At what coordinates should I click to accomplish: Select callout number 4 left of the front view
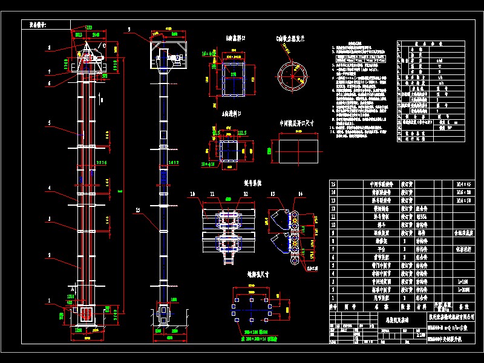click(x=50, y=188)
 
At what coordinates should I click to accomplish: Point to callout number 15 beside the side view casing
click(x=138, y=209)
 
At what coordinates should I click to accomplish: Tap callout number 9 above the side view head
click(x=129, y=30)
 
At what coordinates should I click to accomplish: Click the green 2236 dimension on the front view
click(x=101, y=163)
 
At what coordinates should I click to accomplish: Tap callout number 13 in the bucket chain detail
click(x=273, y=194)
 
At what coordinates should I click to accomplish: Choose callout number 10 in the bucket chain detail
click(x=192, y=194)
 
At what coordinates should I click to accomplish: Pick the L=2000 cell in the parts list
click(x=463, y=290)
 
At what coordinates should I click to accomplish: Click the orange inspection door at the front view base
click(x=85, y=315)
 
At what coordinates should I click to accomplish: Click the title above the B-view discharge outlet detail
click(x=236, y=38)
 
